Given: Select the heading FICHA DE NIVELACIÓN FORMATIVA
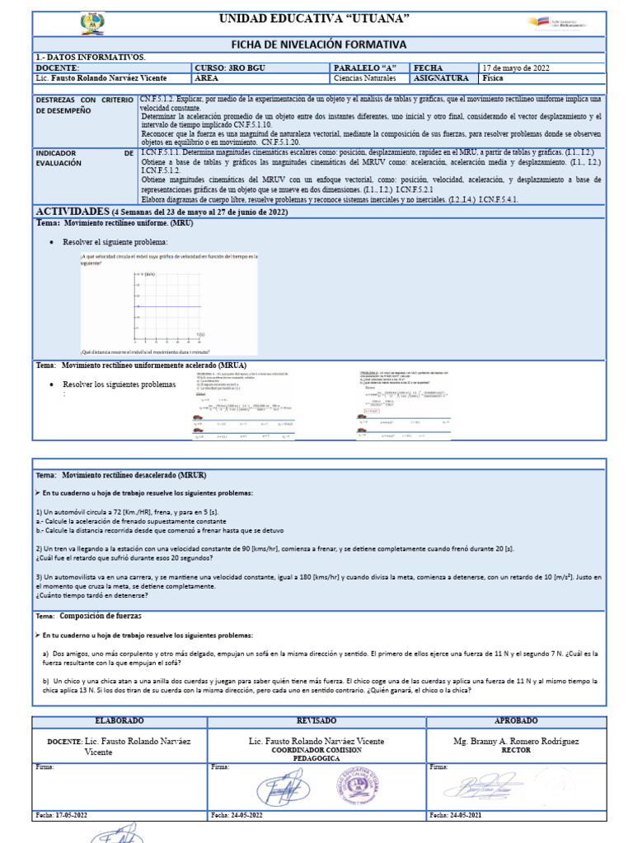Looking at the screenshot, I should tap(318, 44).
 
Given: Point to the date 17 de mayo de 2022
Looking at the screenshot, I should tap(517, 68).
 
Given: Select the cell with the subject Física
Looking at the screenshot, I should tap(493, 79).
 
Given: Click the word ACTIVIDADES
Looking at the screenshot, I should tap(73, 212).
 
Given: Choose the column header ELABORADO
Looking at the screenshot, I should tap(120, 720).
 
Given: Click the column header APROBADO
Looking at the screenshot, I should tap(516, 720).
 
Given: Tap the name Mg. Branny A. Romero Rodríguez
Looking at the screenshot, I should tap(516, 741).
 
